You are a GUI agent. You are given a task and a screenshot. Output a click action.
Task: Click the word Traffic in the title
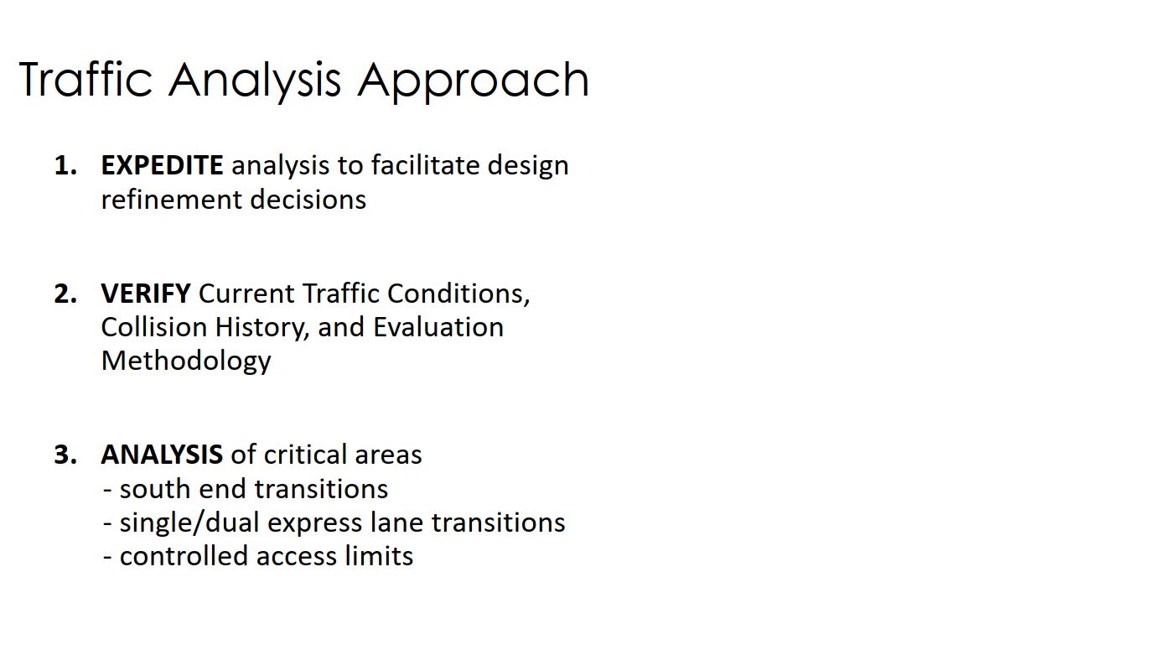tap(85, 79)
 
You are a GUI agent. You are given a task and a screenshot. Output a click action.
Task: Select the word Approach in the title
tap(473, 81)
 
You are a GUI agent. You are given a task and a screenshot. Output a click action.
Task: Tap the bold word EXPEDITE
tap(162, 165)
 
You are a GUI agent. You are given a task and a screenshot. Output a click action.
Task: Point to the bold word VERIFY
tap(145, 294)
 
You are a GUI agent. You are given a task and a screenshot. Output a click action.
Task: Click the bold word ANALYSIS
tap(162, 455)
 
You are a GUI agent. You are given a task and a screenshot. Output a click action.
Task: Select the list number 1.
tap(65, 165)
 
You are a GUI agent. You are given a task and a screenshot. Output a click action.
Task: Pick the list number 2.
tap(65, 294)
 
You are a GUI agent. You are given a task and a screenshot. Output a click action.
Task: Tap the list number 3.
tap(65, 455)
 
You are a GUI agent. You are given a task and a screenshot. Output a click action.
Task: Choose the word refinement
tap(171, 199)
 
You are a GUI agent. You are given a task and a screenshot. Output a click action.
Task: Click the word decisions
tap(308, 199)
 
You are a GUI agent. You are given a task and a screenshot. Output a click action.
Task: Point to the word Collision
tap(153, 327)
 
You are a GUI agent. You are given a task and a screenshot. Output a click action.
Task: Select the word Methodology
tap(185, 361)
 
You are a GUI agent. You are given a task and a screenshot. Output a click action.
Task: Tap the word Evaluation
tap(438, 327)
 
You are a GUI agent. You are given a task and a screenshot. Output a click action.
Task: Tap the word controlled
tap(184, 556)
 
